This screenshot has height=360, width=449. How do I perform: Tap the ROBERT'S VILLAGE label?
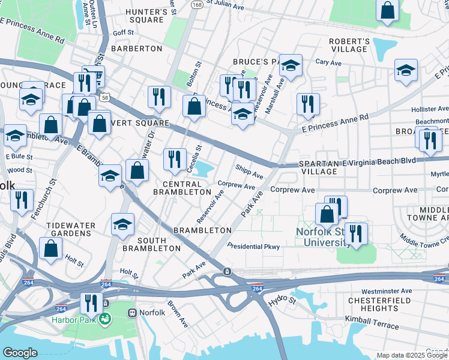pyautogui.click(x=349, y=45)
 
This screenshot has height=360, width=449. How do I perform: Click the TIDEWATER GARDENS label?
pyautogui.click(x=71, y=229)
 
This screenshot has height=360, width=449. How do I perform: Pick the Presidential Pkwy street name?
pyautogui.click(x=253, y=247)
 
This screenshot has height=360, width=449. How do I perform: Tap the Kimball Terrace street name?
pyautogui.click(x=372, y=322)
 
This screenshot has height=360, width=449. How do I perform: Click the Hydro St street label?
pyautogui.click(x=283, y=302)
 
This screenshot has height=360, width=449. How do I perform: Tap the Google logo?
pyautogui.click(x=20, y=352)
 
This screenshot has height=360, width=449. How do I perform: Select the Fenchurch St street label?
pyautogui.click(x=52, y=188)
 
